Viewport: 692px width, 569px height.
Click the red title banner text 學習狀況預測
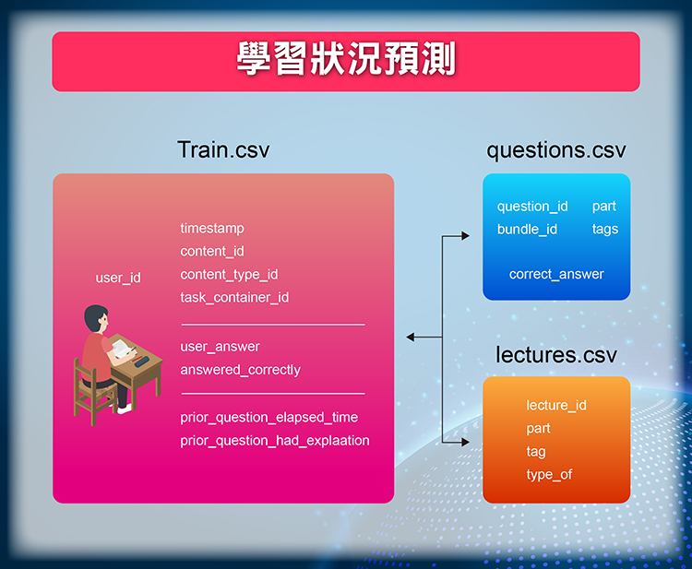[346, 59]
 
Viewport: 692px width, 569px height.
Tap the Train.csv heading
[223, 149]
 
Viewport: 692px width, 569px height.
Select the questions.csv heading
[556, 150]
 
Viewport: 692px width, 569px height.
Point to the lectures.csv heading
[556, 355]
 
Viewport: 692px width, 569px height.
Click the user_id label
[118, 278]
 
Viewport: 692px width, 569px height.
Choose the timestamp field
[212, 229]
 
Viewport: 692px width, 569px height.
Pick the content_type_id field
[229, 274]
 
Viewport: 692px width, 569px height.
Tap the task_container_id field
[234, 297]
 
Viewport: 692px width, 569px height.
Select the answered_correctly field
[241, 370]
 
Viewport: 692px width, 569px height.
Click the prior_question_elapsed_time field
[269, 417]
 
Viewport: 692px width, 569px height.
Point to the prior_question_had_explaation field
[275, 440]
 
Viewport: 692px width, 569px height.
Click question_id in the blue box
[532, 207]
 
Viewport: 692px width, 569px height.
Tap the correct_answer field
[556, 274]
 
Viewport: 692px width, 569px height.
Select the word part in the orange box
[539, 429]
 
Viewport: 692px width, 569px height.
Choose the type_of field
[550, 475]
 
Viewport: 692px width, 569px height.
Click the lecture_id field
[556, 406]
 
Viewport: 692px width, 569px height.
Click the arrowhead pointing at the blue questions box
[465, 236]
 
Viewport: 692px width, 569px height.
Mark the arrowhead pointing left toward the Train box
[411, 338]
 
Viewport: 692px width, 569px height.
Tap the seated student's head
[96, 318]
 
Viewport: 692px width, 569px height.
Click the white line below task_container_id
[273, 325]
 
